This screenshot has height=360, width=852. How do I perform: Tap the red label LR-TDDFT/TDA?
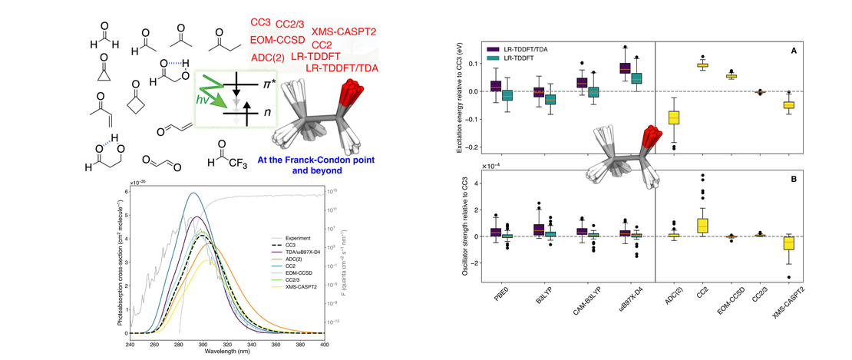(x=343, y=69)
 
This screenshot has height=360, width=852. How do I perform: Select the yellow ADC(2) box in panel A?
(x=674, y=117)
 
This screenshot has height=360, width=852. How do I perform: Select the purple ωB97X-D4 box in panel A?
(x=624, y=68)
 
